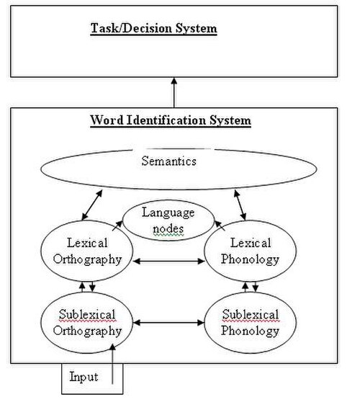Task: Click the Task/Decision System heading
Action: coord(153,29)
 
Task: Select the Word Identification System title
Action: coord(171,120)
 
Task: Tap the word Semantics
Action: coord(168,161)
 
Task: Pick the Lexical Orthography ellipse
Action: coord(41,251)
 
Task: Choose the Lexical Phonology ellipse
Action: coord(204,251)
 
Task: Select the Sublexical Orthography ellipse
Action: coord(41,322)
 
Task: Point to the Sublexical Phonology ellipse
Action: coord(204,322)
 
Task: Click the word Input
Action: coord(84,377)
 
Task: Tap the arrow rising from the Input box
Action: coord(113,364)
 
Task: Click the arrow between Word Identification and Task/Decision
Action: coord(174,92)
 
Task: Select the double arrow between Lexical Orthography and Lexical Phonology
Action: coord(168,262)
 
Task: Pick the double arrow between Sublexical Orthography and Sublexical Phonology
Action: coord(168,323)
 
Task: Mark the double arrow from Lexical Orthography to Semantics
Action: coord(92,205)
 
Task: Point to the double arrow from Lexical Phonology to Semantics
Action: coord(240,205)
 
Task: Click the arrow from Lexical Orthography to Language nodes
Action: coord(117,226)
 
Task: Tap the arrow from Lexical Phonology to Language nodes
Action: coord(220,226)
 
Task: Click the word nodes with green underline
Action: coord(168,228)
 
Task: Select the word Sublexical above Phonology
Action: coord(251,314)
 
